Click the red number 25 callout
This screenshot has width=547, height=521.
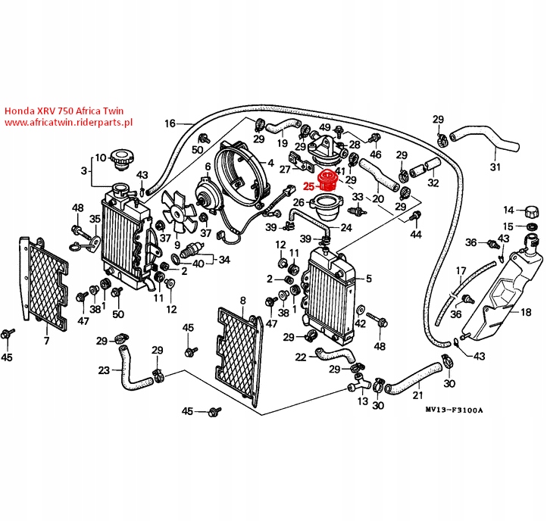[308, 185]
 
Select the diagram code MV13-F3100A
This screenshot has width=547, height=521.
[455, 410]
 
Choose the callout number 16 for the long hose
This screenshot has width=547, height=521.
[169, 123]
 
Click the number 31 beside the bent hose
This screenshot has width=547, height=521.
[495, 167]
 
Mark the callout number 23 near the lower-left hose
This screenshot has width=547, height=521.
[105, 370]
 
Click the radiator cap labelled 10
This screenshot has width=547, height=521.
[120, 161]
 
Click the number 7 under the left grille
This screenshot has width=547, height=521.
[46, 342]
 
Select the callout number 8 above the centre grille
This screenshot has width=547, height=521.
[242, 301]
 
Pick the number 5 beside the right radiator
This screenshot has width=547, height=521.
[369, 278]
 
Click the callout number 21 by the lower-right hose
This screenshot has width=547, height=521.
[417, 395]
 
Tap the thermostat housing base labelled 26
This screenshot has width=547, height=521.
[327, 204]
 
